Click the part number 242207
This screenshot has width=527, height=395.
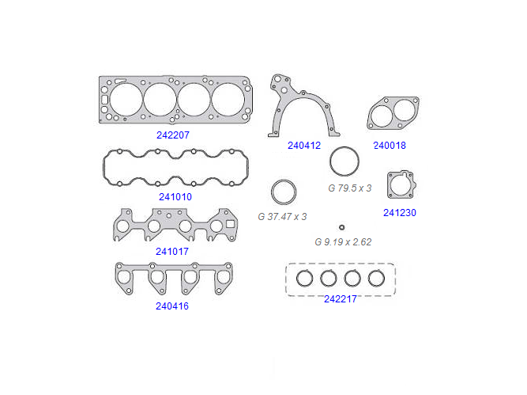coord(173,135)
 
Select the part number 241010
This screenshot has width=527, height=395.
coord(175,196)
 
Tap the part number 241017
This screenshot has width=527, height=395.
coord(172,251)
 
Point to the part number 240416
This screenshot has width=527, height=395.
coord(172,306)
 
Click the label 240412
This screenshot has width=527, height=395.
coord(304,145)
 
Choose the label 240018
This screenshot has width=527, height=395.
coord(390,145)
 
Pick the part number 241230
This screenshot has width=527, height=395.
coord(400,212)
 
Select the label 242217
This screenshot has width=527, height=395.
coord(340,299)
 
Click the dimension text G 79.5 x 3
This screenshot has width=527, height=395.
coord(349,188)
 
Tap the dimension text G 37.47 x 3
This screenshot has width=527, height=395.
coord(282,217)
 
